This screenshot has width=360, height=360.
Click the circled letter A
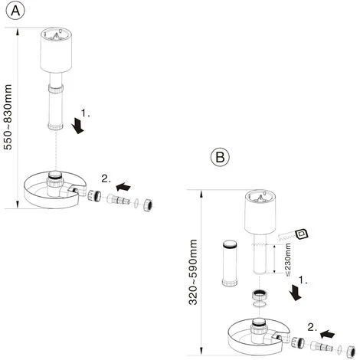tap(15, 11)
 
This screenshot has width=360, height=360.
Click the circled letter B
tap(220, 156)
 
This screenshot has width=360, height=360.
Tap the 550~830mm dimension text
tap(8, 117)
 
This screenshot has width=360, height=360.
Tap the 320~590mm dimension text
tap(193, 272)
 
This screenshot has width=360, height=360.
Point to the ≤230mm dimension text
tap(287, 260)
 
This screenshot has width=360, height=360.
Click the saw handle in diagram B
tap(302, 234)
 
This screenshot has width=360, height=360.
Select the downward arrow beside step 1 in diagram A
tap(77, 126)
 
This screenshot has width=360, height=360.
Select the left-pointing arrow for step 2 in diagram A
tap(123, 187)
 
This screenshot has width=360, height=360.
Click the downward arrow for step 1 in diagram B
tap(296, 293)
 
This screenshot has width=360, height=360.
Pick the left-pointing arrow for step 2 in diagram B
tap(327, 334)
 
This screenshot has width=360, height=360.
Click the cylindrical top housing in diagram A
tap(56, 50)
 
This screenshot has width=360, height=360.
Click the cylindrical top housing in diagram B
tap(260, 212)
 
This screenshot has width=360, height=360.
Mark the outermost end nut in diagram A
tap(148, 205)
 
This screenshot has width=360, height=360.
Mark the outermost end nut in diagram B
tap(351, 352)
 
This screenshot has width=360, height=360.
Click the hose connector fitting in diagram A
tap(119, 200)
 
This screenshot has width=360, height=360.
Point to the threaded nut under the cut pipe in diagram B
tap(260, 295)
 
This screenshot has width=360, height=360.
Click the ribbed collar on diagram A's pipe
tap(56, 89)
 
